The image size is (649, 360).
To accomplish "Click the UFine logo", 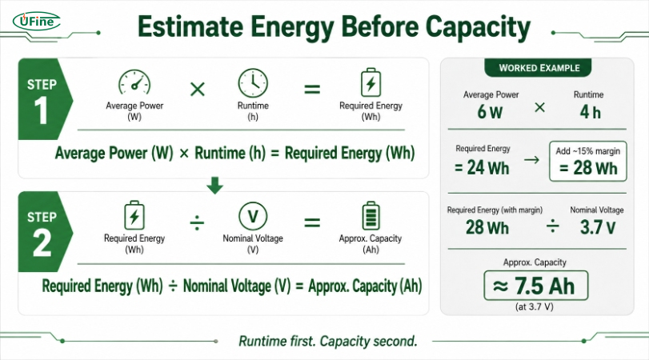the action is pyautogui.click(x=37, y=22).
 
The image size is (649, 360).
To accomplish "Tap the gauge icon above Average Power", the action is pyautogui.click(x=134, y=82).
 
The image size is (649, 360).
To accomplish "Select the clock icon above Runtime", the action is pyautogui.click(x=253, y=83).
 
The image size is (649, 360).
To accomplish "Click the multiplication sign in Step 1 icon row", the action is pyautogui.click(x=198, y=89).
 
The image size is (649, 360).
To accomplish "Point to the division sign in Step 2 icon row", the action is pyautogui.click(x=197, y=222).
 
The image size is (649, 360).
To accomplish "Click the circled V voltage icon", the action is pyautogui.click(x=253, y=216).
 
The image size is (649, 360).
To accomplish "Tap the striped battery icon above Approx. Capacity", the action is pyautogui.click(x=371, y=215).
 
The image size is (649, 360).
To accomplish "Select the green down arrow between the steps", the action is pyautogui.click(x=214, y=186).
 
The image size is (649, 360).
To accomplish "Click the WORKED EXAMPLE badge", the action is pyautogui.click(x=539, y=68).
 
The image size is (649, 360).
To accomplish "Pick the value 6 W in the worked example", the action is pyautogui.click(x=490, y=112).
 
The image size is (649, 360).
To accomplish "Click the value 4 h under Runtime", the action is pyautogui.click(x=591, y=112).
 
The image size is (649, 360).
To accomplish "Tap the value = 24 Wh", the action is pyautogui.click(x=482, y=168).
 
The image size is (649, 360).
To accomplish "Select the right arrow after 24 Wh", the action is pyautogui.click(x=531, y=160).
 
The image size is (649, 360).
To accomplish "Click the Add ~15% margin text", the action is pyautogui.click(x=587, y=151).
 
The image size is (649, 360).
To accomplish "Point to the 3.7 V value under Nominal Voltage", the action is pyautogui.click(x=598, y=227).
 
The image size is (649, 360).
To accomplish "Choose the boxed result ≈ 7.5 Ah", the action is pyautogui.click(x=535, y=286).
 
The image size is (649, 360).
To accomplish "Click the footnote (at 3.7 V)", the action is pyautogui.click(x=535, y=306).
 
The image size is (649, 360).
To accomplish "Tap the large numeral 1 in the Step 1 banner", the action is pyautogui.click(x=41, y=110).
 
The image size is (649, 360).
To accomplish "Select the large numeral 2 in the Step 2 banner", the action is pyautogui.click(x=42, y=243).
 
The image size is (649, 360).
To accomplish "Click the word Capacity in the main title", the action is pyautogui.click(x=478, y=27).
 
